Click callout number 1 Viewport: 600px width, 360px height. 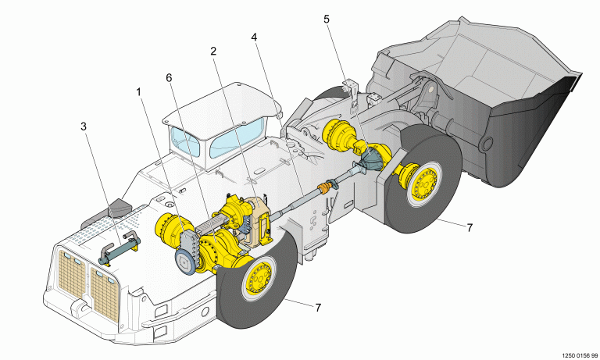[138, 91]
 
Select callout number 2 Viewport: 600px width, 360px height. [212, 52]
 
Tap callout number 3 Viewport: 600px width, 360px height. [84, 126]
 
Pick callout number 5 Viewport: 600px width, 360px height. [327, 18]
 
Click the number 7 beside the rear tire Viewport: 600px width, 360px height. [318, 308]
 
